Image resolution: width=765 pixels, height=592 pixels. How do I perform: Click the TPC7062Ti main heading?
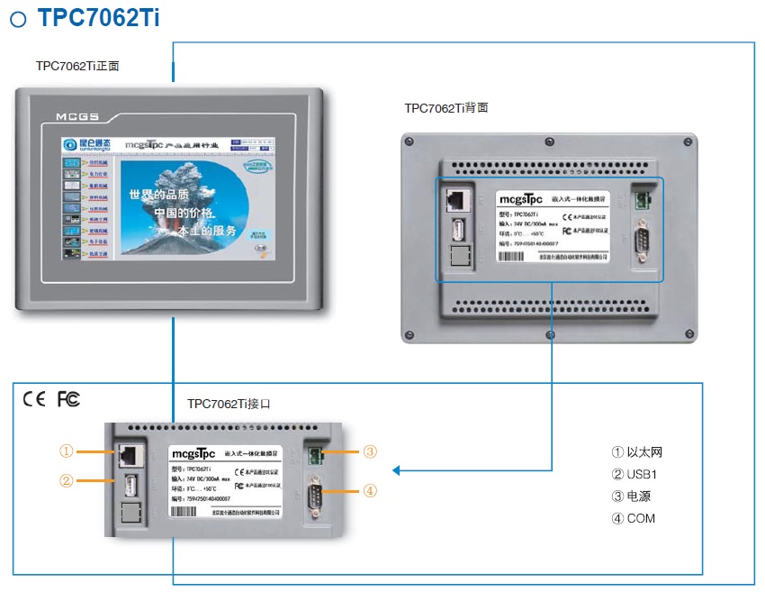(x=99, y=18)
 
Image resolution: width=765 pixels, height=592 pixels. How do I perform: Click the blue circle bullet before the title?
(x=17, y=20)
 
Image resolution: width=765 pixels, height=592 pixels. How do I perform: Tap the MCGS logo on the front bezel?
(x=76, y=116)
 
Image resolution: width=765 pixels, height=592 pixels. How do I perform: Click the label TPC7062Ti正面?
(x=77, y=66)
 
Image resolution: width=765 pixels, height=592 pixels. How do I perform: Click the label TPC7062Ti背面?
(x=446, y=107)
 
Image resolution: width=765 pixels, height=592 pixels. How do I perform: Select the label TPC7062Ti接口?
(x=229, y=404)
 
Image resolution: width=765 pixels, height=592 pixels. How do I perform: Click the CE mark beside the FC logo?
(x=34, y=399)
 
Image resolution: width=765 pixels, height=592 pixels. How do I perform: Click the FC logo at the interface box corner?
(x=68, y=399)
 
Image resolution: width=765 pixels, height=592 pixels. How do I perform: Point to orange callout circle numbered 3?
(x=371, y=451)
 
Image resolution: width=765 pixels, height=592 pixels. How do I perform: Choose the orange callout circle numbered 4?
(x=371, y=491)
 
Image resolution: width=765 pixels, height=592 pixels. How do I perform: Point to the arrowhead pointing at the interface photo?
(x=395, y=469)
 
